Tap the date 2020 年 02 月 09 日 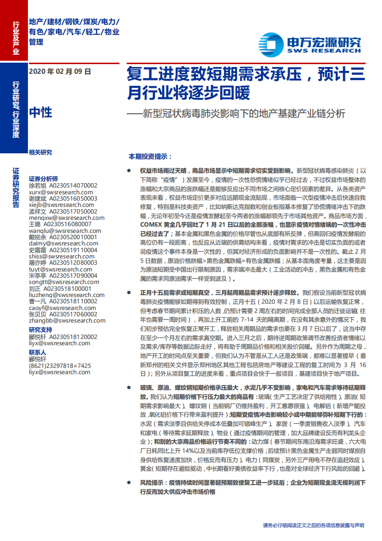[x=60, y=72]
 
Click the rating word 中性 [x=40, y=112]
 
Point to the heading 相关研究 [x=40, y=152]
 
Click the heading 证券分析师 [x=43, y=178]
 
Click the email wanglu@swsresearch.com [x=65, y=230]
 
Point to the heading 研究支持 [x=40, y=330]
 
